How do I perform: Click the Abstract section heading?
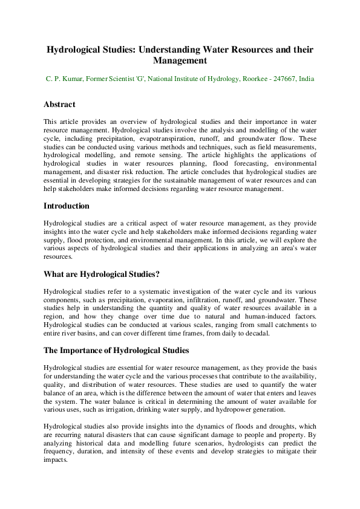coord(59,104)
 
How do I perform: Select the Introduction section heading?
coord(67,206)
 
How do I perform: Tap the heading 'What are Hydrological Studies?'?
coord(102,274)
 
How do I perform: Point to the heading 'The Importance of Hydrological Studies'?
coord(117,350)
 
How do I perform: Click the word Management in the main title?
coord(180,61)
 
